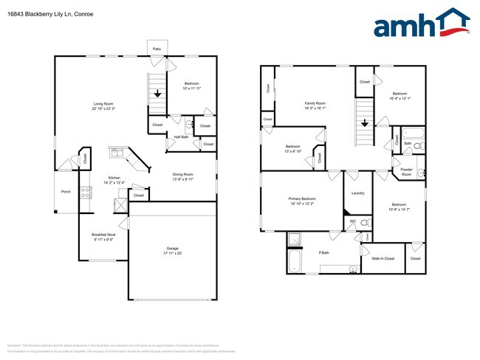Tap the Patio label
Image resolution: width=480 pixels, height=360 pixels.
(x=157, y=49)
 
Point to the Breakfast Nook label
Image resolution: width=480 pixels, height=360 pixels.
(x=103, y=236)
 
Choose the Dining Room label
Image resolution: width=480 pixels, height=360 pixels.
(x=182, y=176)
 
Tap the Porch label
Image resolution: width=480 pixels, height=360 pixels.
(x=66, y=193)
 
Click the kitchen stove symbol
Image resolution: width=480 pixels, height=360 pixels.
(x=86, y=193)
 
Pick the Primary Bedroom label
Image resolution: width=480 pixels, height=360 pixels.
(x=301, y=201)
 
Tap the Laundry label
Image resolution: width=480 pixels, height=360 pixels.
(x=358, y=193)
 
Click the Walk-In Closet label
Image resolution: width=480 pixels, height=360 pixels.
(x=383, y=258)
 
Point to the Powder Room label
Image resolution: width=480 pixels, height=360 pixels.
(x=406, y=172)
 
